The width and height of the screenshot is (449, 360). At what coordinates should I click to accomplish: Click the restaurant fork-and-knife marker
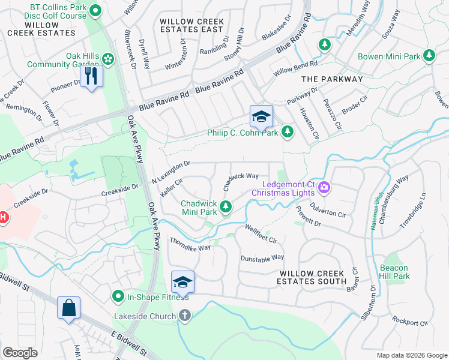click(91, 76)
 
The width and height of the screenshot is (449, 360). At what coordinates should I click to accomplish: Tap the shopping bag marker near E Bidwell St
click(69, 308)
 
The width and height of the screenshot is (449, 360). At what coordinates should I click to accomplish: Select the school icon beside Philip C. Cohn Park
click(261, 116)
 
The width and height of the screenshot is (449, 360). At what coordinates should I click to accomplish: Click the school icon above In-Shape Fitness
click(183, 282)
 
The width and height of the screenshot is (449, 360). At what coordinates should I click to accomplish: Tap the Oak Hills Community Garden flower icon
click(107, 59)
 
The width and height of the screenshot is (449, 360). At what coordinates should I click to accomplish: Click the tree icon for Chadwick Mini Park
click(226, 207)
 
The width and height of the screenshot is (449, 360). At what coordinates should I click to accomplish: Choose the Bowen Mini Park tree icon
click(429, 56)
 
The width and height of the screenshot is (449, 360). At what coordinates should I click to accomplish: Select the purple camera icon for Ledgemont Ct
click(324, 188)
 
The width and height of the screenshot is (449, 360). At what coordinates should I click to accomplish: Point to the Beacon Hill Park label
click(394, 272)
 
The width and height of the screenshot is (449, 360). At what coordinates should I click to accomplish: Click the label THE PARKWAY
click(332, 79)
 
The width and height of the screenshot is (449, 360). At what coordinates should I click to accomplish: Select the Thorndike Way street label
click(190, 244)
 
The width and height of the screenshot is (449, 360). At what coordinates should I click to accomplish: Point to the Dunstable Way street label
click(262, 257)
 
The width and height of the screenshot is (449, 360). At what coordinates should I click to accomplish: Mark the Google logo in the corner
click(20, 353)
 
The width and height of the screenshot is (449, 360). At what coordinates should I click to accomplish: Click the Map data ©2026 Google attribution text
click(411, 355)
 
